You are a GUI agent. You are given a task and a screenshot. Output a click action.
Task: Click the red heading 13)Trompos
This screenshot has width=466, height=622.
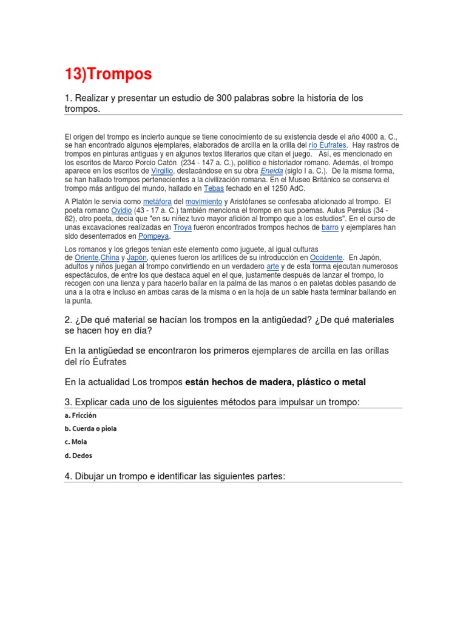point(108,74)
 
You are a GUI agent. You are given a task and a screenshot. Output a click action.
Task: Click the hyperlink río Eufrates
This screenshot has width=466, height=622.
point(328,146)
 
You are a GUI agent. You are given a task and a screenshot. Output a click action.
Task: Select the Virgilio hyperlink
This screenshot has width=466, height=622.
point(162,171)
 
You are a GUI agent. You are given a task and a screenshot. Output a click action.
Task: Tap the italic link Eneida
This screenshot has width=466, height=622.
point(271,171)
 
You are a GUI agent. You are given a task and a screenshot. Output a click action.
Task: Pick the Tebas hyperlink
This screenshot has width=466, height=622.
point(214,188)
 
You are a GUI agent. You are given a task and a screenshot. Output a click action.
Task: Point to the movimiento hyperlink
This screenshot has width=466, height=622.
point(203,202)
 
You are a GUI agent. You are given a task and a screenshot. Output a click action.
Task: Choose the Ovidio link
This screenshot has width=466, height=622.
point(121,210)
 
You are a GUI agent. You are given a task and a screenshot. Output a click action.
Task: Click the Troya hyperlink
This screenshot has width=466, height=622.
point(182,227)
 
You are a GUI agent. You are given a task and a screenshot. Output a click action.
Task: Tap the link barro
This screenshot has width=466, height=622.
point(329,227)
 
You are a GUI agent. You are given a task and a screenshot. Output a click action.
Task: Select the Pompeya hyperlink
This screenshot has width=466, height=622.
point(154,236)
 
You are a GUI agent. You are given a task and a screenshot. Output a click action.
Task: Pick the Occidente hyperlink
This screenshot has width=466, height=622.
point(326,258)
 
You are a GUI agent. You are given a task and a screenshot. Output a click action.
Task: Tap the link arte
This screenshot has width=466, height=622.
point(272,266)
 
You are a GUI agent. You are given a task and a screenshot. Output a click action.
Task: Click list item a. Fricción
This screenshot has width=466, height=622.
point(80,415)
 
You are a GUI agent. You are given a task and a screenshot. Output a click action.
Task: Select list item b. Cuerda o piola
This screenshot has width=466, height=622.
point(90,429)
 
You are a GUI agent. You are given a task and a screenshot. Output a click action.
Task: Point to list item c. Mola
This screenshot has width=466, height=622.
point(76,442)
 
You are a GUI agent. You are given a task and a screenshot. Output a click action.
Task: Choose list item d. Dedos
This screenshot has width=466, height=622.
point(78,456)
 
